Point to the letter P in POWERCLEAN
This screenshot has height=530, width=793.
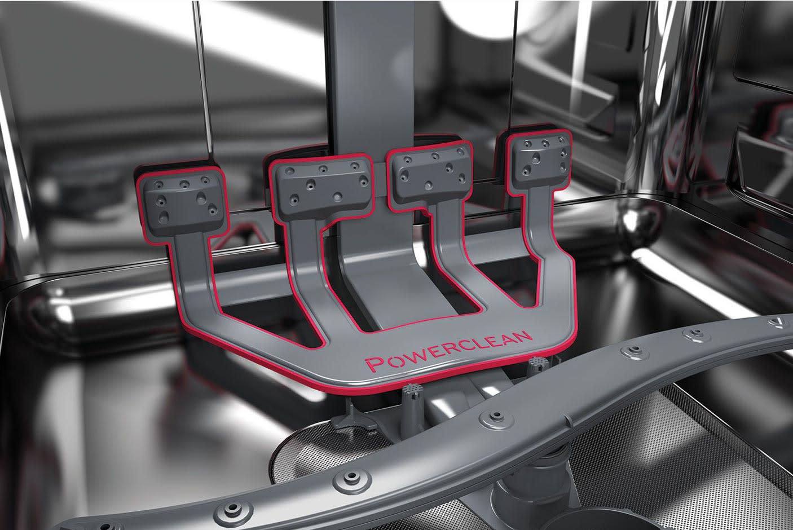coord(374,364)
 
